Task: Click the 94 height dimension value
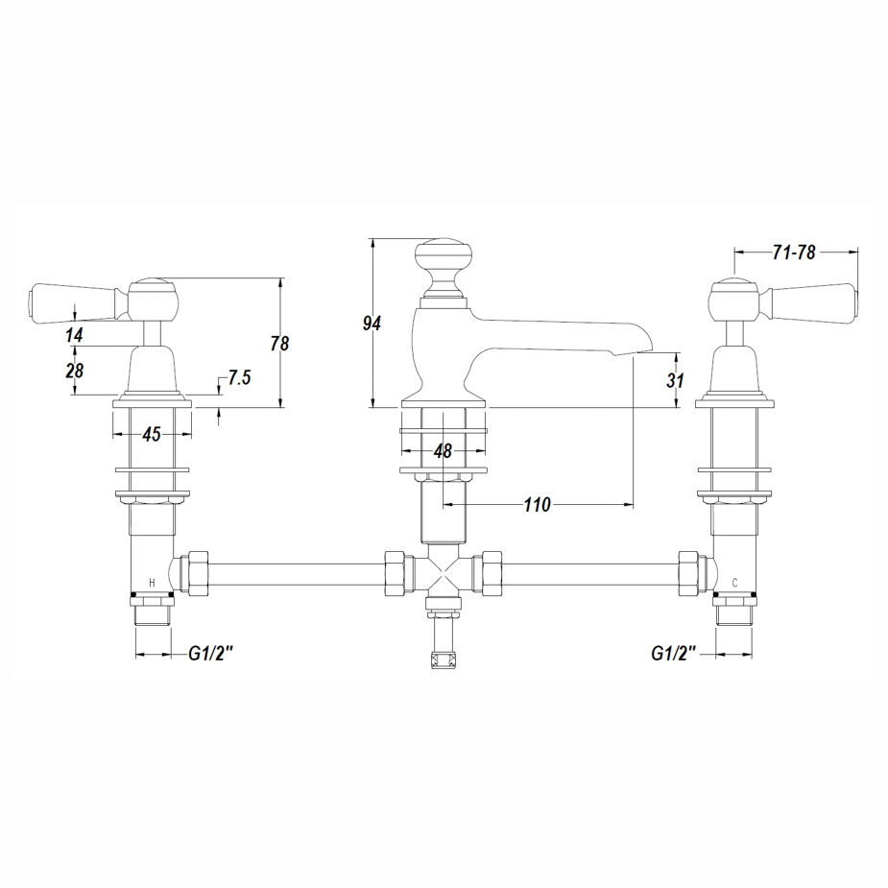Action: point(372,324)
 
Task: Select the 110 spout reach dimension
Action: point(537,504)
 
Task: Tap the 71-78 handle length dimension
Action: point(793,252)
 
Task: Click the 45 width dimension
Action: point(151,435)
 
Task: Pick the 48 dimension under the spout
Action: point(443,450)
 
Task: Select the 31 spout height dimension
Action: point(675,379)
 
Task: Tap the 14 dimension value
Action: point(75,334)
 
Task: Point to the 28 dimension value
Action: point(75,371)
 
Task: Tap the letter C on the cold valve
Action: point(734,583)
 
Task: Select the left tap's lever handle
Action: point(72,300)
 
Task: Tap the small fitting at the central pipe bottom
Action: point(443,659)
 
